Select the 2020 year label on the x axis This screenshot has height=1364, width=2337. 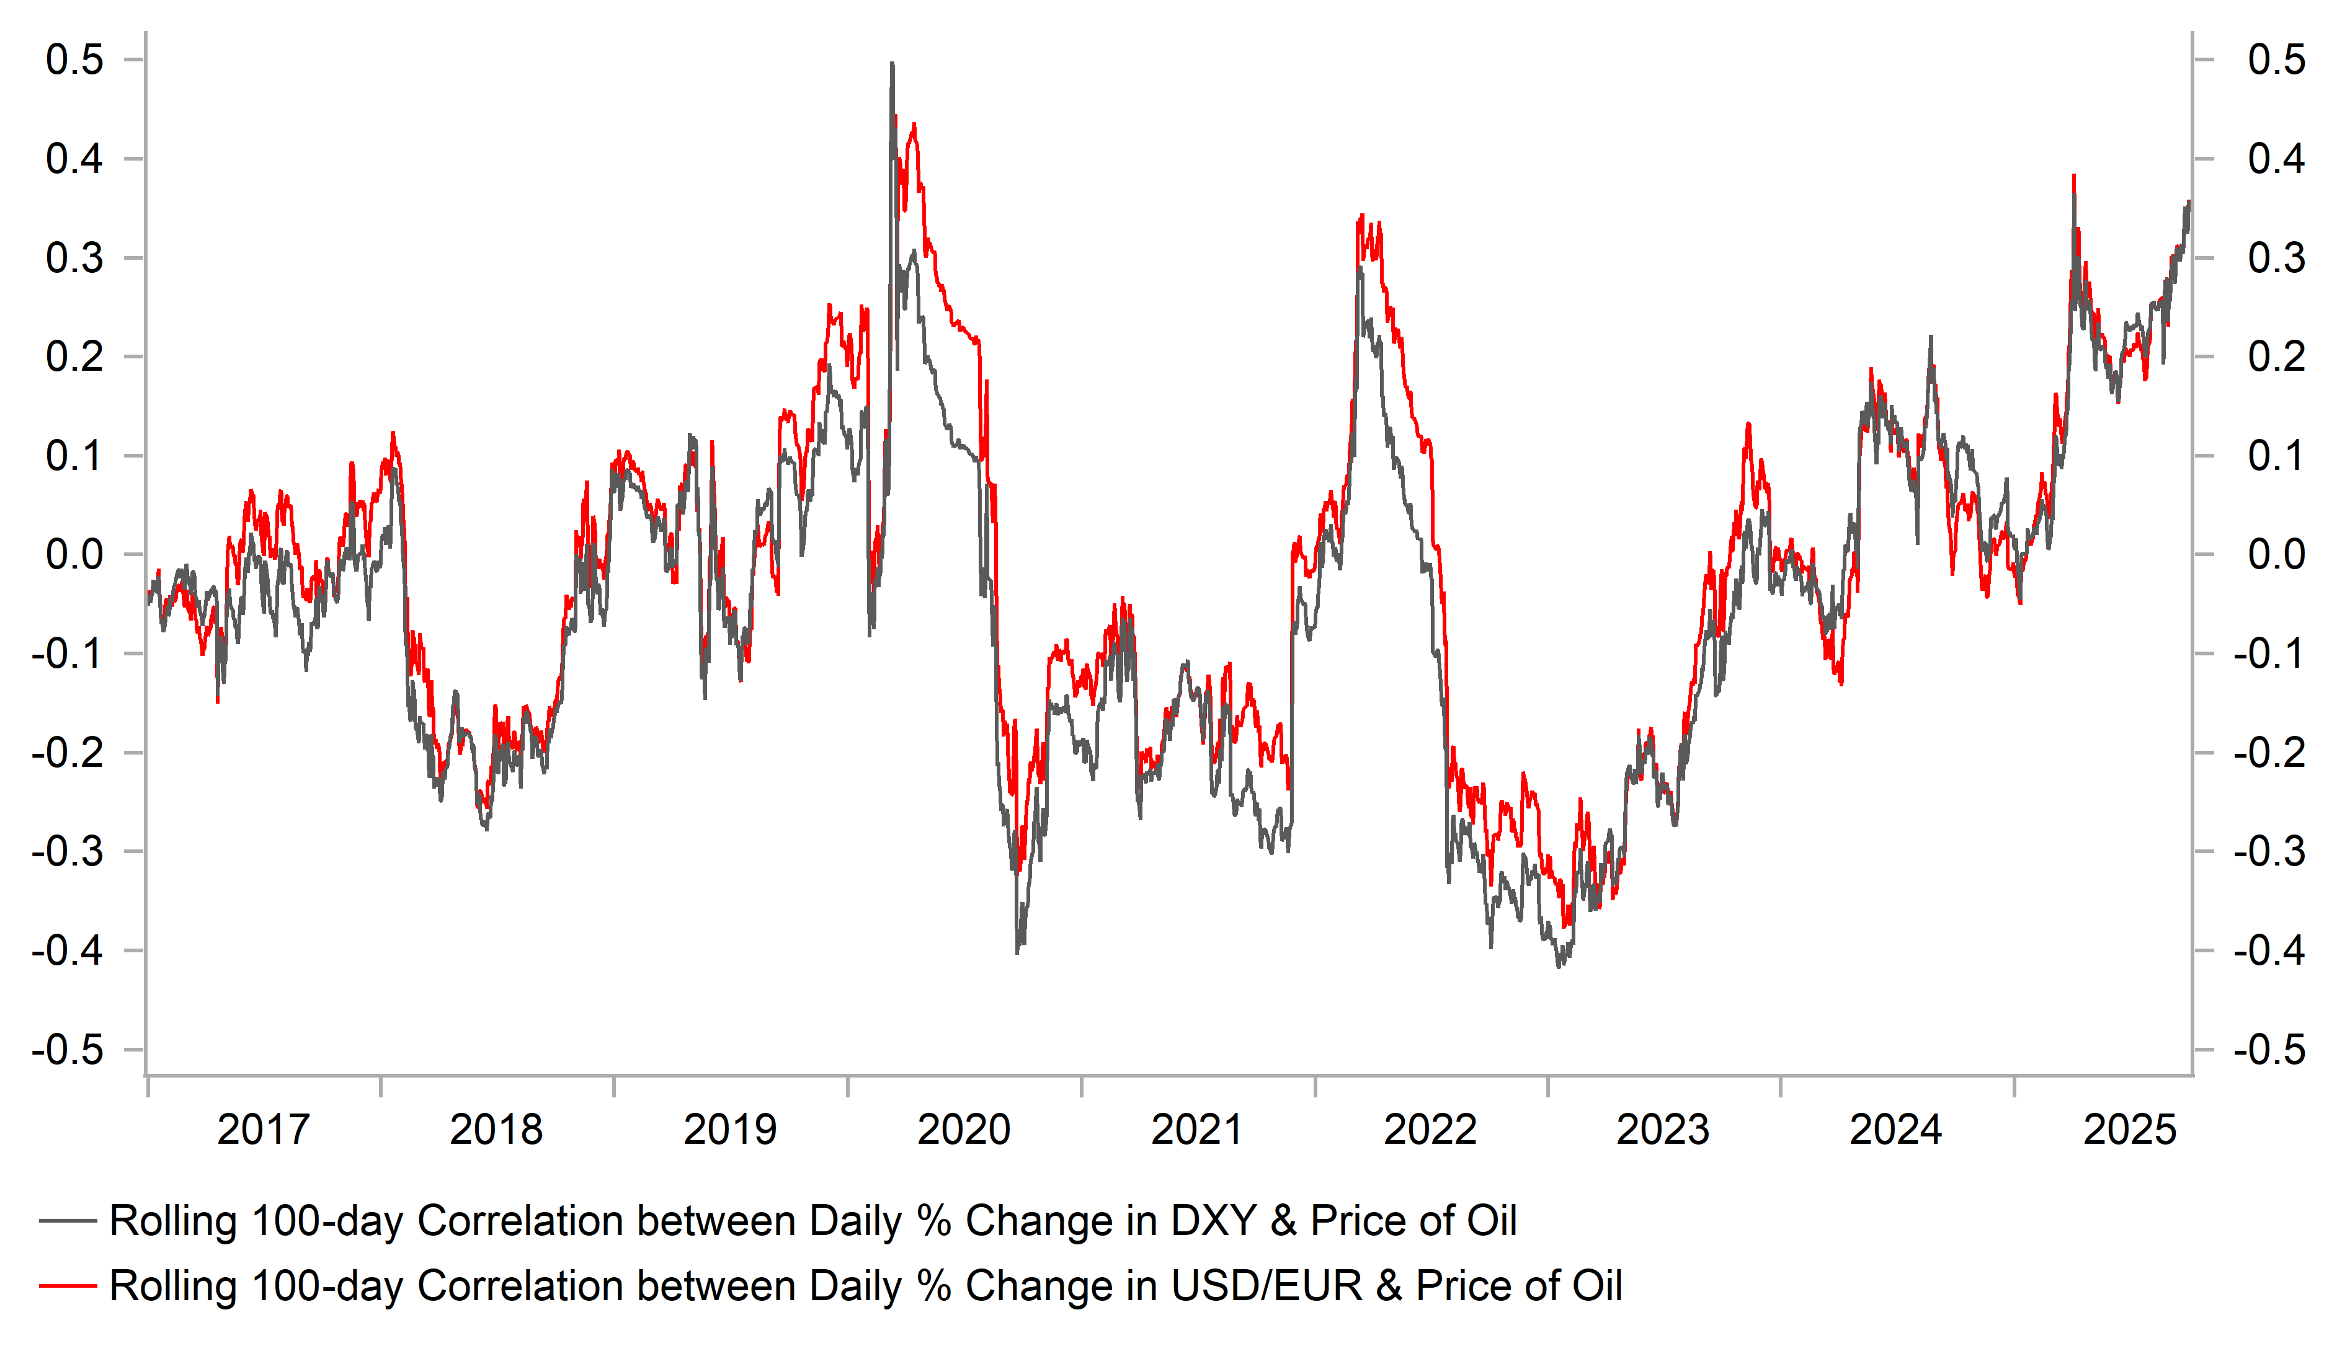964,1130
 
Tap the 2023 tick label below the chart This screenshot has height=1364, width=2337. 1663,1130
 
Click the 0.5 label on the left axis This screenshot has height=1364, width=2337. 75,60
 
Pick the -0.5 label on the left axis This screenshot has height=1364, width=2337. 67,1050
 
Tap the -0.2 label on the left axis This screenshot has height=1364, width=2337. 67,753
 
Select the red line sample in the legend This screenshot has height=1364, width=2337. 68,1286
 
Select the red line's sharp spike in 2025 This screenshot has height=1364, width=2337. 2073,175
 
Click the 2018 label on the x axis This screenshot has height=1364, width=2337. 496,1130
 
